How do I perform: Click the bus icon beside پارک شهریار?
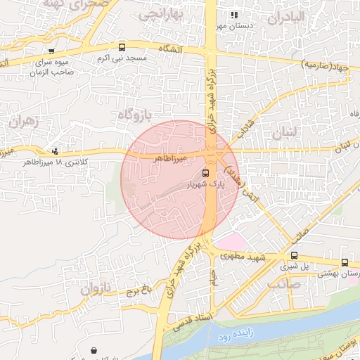(205, 173)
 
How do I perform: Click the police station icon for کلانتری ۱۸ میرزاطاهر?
(56, 150)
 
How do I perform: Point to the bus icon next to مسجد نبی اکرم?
(122, 48)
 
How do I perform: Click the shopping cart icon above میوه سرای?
(51, 51)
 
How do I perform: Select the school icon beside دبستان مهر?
(234, 15)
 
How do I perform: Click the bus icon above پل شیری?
(294, 256)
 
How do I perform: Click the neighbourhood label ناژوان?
(96, 288)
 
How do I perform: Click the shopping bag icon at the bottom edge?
(94, 349)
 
